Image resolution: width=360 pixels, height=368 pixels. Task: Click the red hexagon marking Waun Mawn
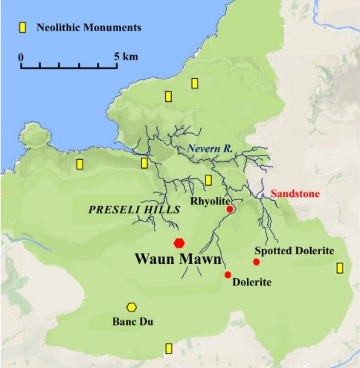tap(179, 242)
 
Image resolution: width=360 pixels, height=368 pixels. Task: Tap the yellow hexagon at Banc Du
tap(132, 307)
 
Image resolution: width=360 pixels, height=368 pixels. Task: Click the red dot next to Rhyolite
tap(230, 210)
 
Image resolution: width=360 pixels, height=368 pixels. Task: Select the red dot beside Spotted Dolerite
tap(257, 262)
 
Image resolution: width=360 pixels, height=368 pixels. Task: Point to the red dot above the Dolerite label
tap(228, 275)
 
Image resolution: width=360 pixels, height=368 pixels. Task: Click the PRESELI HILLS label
tap(134, 210)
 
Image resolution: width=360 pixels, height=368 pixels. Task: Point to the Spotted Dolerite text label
tap(294, 251)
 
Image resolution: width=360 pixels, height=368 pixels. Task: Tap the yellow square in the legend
tap(23, 28)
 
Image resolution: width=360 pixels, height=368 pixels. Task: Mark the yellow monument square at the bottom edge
tap(169, 348)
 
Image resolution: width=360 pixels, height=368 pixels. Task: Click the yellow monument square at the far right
tap(340, 268)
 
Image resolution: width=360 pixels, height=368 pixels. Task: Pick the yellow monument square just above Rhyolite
tap(208, 180)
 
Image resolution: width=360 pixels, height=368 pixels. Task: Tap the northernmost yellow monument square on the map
tap(195, 83)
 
